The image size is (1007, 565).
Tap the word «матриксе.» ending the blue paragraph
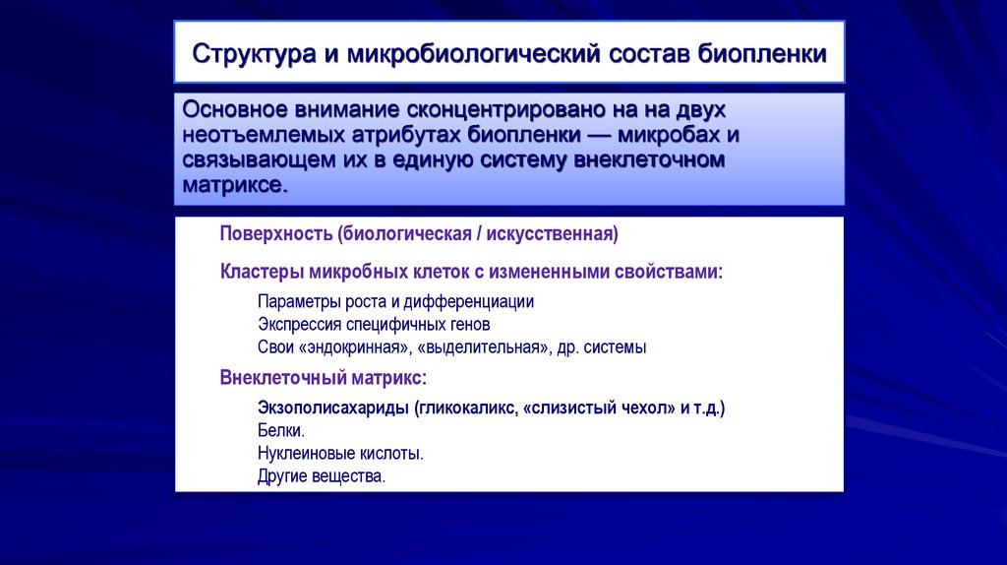click(x=235, y=185)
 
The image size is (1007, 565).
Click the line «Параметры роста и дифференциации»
click(x=395, y=301)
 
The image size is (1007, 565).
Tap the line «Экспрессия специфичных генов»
click(x=374, y=324)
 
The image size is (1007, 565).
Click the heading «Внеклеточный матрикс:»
click(x=323, y=377)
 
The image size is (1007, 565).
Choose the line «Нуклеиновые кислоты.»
click(x=340, y=453)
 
